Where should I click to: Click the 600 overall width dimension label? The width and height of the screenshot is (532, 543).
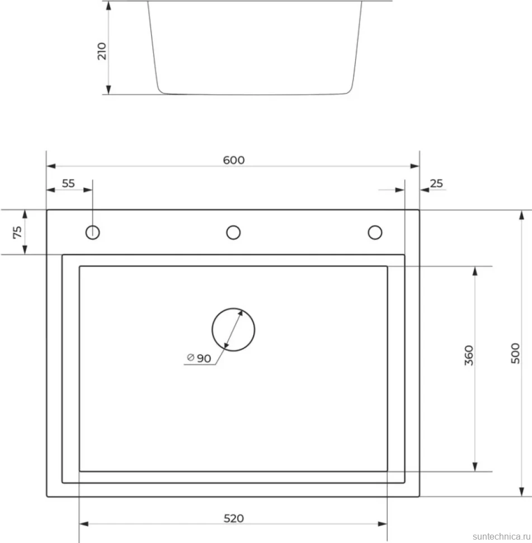click(234, 160)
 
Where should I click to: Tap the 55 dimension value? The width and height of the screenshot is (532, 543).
click(68, 183)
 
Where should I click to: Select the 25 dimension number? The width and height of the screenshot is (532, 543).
click(436, 183)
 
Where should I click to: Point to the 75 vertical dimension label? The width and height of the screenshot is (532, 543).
click(17, 232)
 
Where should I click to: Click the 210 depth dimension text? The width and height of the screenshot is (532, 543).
click(102, 52)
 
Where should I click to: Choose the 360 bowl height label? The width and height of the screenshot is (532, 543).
click(469, 355)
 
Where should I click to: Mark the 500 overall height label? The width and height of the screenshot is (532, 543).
click(515, 353)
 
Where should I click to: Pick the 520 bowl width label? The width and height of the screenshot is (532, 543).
click(234, 518)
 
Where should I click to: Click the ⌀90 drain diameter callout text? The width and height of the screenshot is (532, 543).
click(199, 358)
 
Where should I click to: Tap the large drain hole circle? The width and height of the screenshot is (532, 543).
click(233, 308)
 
